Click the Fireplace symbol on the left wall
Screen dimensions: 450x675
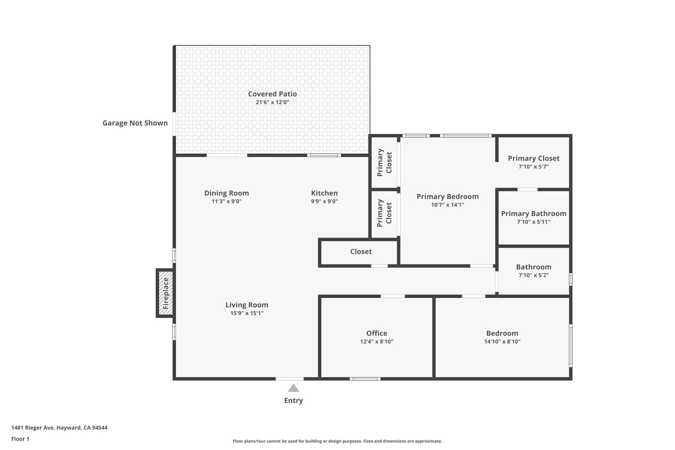point(165,293)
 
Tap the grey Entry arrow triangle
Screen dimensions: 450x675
point(293,388)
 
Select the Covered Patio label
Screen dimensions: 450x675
point(272,94)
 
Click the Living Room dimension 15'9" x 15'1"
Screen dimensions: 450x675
point(247,313)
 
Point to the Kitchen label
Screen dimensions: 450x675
point(324,193)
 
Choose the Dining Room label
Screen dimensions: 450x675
point(226,193)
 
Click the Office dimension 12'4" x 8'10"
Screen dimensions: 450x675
point(377,342)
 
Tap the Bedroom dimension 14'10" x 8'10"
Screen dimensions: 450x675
point(502,342)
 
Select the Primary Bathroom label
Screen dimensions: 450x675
point(533,214)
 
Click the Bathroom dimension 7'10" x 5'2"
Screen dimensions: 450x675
point(533,275)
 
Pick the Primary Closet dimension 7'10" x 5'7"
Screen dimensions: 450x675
point(533,166)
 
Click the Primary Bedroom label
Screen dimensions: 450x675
point(447,197)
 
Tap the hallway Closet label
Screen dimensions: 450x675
point(361,252)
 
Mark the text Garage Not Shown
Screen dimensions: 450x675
point(135,123)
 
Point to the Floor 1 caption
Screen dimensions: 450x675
point(20,439)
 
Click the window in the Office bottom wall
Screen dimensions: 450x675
point(365,379)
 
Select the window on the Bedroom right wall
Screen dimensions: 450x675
point(571,345)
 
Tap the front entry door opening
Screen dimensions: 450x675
point(289,379)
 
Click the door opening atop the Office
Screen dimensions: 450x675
point(392,296)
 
